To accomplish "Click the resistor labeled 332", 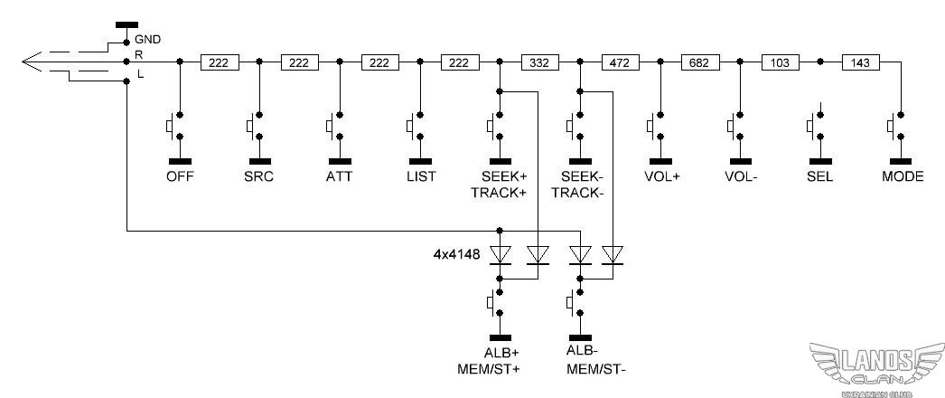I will [x=539, y=62].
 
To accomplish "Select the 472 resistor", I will [x=619, y=62].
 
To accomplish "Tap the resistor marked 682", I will [x=699, y=62].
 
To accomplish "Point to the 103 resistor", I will [x=780, y=62].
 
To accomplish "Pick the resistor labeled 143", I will [x=859, y=62].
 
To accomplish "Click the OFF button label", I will [x=180, y=176].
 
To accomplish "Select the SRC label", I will [x=259, y=176].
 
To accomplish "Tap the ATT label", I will [x=340, y=176].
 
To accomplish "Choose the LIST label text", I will [x=420, y=176].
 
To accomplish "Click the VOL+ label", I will [x=662, y=176].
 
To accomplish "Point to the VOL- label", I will [x=741, y=176].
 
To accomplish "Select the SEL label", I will [x=819, y=176].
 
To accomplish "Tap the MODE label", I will [x=902, y=176].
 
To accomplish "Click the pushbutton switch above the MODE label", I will [x=898, y=126].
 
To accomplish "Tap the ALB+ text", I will [x=499, y=352].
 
